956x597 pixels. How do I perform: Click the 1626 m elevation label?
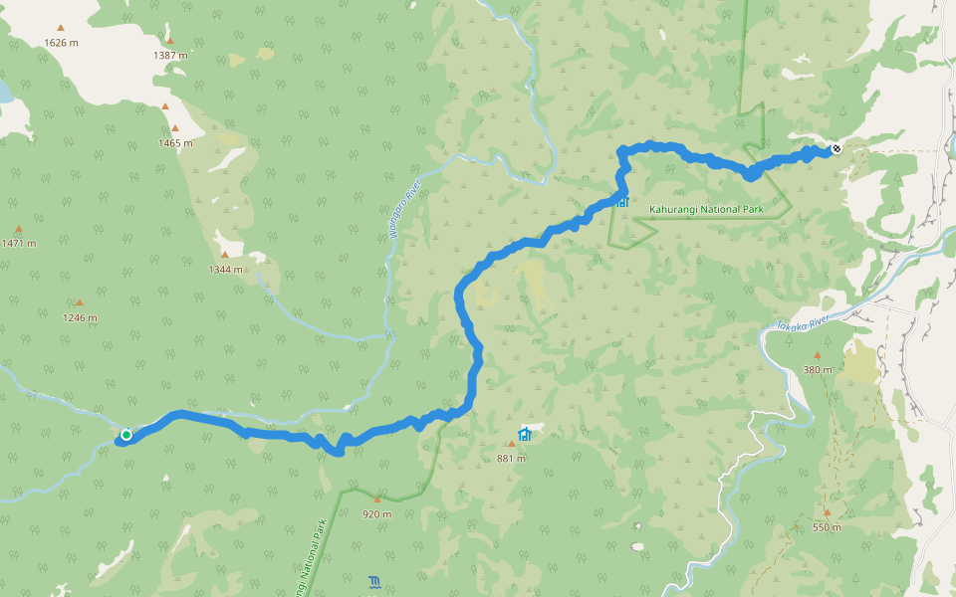point(61,43)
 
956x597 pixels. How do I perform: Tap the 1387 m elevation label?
point(170,55)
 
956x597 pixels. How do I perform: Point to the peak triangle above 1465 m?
point(175,127)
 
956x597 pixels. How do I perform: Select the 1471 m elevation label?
point(18,243)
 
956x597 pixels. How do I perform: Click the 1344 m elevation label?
point(225,269)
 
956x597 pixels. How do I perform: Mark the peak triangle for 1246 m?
point(80,302)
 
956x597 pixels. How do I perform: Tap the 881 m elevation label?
point(512,458)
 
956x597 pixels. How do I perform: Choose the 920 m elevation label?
point(376,513)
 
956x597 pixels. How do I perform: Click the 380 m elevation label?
point(818,369)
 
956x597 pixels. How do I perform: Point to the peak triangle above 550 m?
point(827,512)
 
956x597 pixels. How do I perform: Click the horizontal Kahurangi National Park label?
point(705,210)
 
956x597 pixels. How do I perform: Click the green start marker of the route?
point(126,435)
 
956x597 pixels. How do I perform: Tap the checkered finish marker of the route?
point(836,149)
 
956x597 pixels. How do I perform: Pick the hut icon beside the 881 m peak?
point(525,434)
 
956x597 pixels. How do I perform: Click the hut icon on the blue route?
point(622,201)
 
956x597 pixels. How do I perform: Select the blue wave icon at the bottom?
point(373,580)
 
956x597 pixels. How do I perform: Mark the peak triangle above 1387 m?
point(169,41)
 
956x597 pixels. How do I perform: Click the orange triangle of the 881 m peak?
point(512,444)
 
